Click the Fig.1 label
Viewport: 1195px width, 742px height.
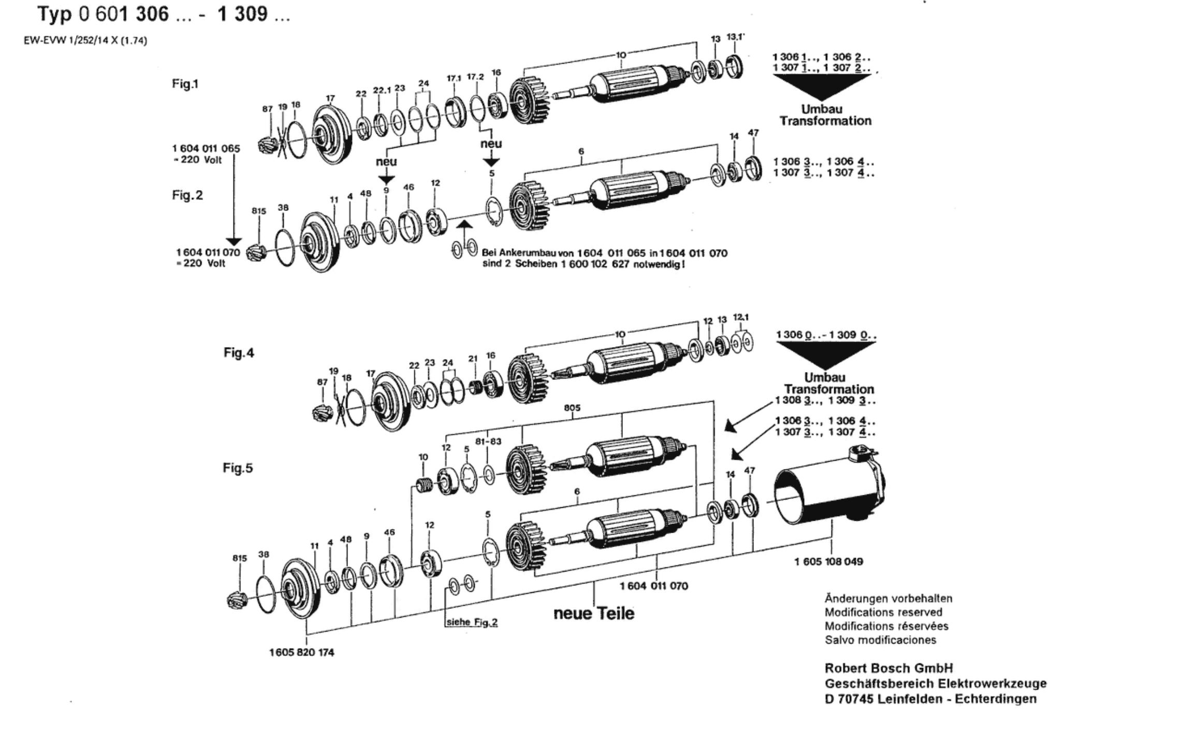(185, 84)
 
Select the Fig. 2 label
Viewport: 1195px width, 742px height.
(187, 195)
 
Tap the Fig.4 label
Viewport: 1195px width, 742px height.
(239, 353)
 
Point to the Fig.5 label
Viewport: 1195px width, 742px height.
(238, 468)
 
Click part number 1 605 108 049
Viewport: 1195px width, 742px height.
(828, 562)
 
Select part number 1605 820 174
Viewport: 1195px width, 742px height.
(301, 652)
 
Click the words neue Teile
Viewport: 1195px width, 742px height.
(594, 613)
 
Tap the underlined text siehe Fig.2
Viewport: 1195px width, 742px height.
(472, 622)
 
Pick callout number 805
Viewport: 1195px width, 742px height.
(572, 408)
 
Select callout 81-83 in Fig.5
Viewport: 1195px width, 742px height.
(488, 441)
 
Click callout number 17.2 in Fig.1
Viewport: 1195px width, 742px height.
(475, 77)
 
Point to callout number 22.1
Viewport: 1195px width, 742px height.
(382, 90)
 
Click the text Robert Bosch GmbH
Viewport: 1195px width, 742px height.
(888, 668)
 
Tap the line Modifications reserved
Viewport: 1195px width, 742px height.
(883, 612)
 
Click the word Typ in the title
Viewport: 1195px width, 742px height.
(54, 15)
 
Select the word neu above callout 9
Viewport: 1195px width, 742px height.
(386, 161)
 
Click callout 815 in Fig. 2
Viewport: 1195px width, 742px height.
(258, 211)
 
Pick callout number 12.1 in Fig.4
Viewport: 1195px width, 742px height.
(741, 317)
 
